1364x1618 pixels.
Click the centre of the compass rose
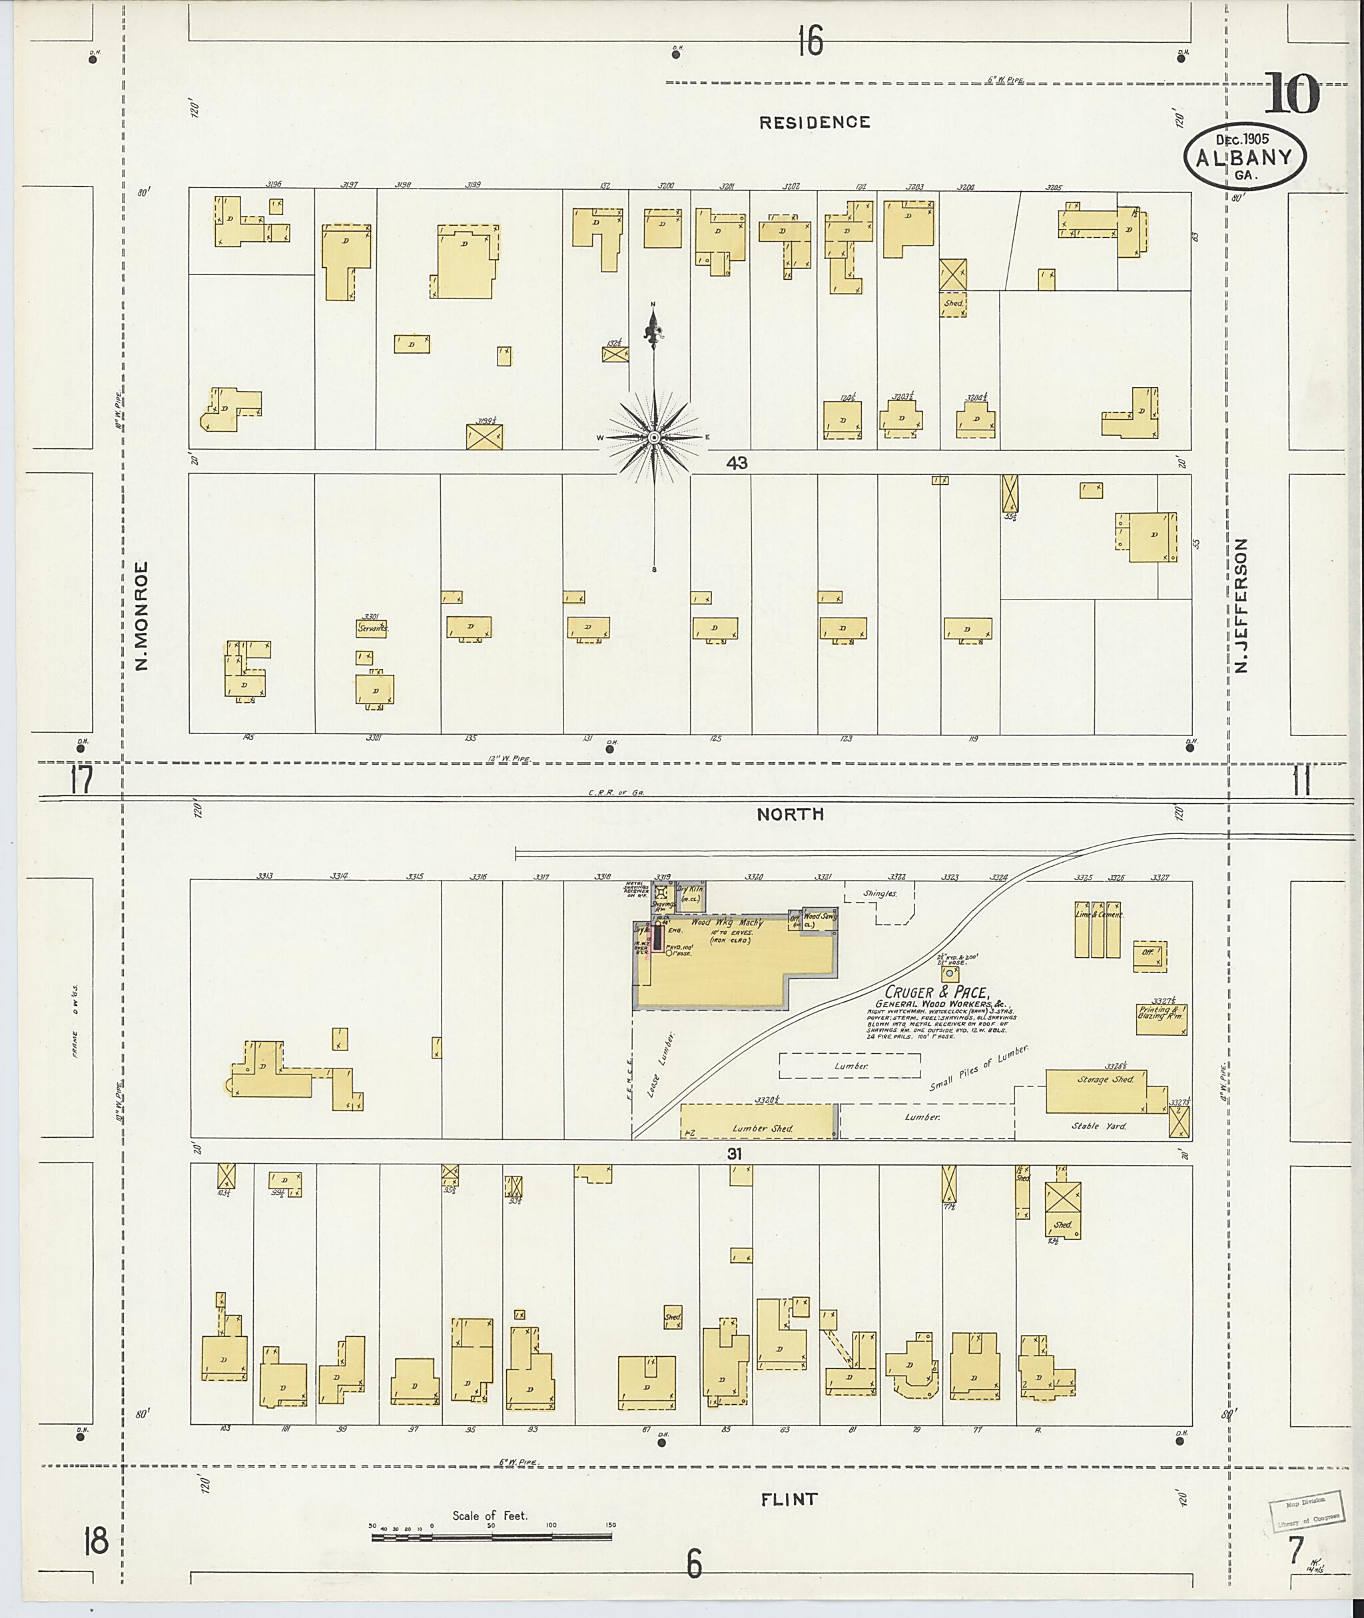point(654,438)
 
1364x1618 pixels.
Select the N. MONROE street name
point(141,615)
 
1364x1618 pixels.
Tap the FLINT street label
point(789,1499)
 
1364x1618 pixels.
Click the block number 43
point(736,463)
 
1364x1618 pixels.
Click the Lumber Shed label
point(762,1128)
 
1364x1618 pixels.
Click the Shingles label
point(880,893)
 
